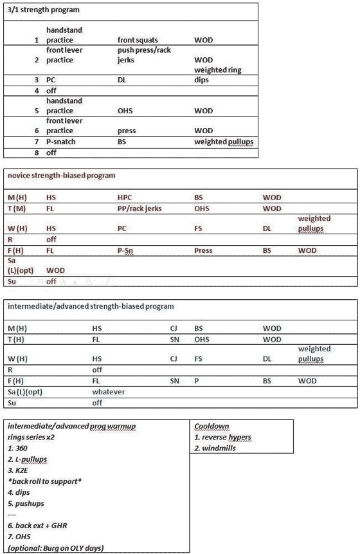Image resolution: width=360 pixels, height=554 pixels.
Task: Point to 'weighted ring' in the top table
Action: coord(218,69)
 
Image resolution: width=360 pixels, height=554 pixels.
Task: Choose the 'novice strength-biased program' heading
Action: coord(60,175)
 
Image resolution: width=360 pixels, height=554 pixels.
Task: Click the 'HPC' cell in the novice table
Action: coord(126,197)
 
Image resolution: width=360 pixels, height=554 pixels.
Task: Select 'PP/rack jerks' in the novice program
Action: coord(141,208)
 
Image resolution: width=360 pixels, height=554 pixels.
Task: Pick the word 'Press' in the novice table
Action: coord(204,250)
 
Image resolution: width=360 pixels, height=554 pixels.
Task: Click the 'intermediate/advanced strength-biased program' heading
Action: coord(91,306)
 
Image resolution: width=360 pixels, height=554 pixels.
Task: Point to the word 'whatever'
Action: coord(109,391)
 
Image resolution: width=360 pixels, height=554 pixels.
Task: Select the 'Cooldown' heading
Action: coord(212,426)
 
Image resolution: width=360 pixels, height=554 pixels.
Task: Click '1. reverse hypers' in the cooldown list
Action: coord(222,438)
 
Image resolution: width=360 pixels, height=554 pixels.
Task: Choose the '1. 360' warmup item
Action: coord(17,448)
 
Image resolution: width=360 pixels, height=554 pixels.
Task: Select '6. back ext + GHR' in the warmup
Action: coord(40,526)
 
